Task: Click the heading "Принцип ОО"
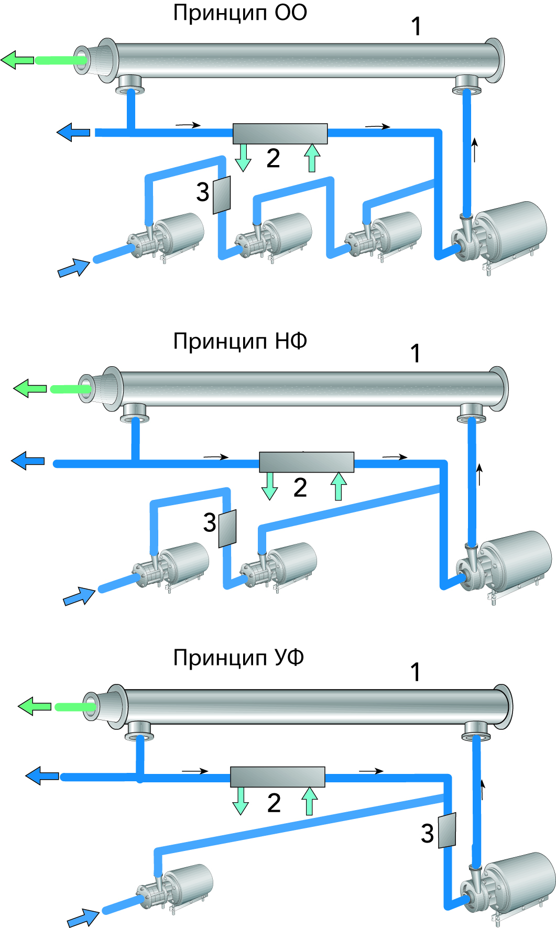point(240,13)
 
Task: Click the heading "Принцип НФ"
point(240,341)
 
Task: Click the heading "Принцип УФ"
point(238,658)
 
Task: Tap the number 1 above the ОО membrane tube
point(416,27)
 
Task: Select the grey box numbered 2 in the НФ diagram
point(307,462)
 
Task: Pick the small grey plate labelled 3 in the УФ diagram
point(447,830)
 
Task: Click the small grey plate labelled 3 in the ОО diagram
point(222,194)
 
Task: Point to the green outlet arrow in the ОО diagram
point(17,60)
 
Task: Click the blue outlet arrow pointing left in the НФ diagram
point(28,461)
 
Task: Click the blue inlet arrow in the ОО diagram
point(73,268)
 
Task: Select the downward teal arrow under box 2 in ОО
point(243,158)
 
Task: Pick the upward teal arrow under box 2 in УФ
point(309,801)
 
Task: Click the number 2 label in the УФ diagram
point(274,803)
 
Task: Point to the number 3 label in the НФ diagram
point(210,522)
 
